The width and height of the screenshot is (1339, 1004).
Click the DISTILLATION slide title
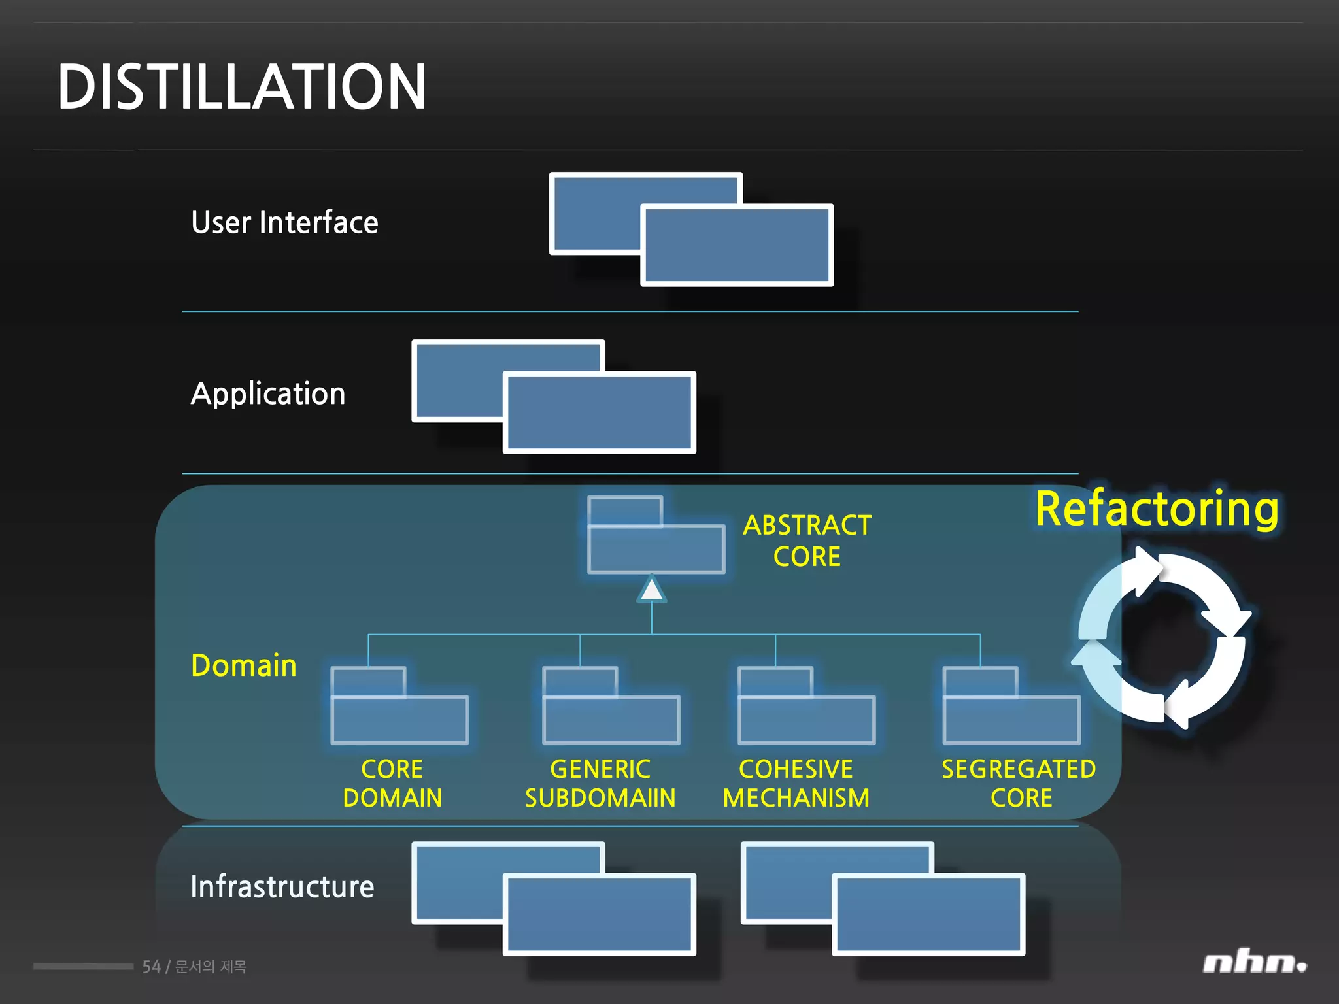[242, 87]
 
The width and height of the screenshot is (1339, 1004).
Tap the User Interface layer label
[284, 223]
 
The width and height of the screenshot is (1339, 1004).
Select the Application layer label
[267, 394]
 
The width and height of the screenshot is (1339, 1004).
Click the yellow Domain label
[244, 665]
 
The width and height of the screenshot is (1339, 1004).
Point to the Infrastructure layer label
[282, 887]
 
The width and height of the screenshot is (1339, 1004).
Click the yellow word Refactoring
[1157, 509]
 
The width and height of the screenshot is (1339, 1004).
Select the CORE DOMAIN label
[392, 783]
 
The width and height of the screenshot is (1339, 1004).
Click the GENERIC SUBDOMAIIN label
[600, 783]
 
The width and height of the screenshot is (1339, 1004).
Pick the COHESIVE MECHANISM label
[796, 783]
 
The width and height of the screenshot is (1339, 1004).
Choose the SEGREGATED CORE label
[1019, 783]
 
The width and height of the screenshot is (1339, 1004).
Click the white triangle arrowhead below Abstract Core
[651, 590]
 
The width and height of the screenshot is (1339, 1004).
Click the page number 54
[151, 967]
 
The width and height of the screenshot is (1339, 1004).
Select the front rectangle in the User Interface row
[737, 245]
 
